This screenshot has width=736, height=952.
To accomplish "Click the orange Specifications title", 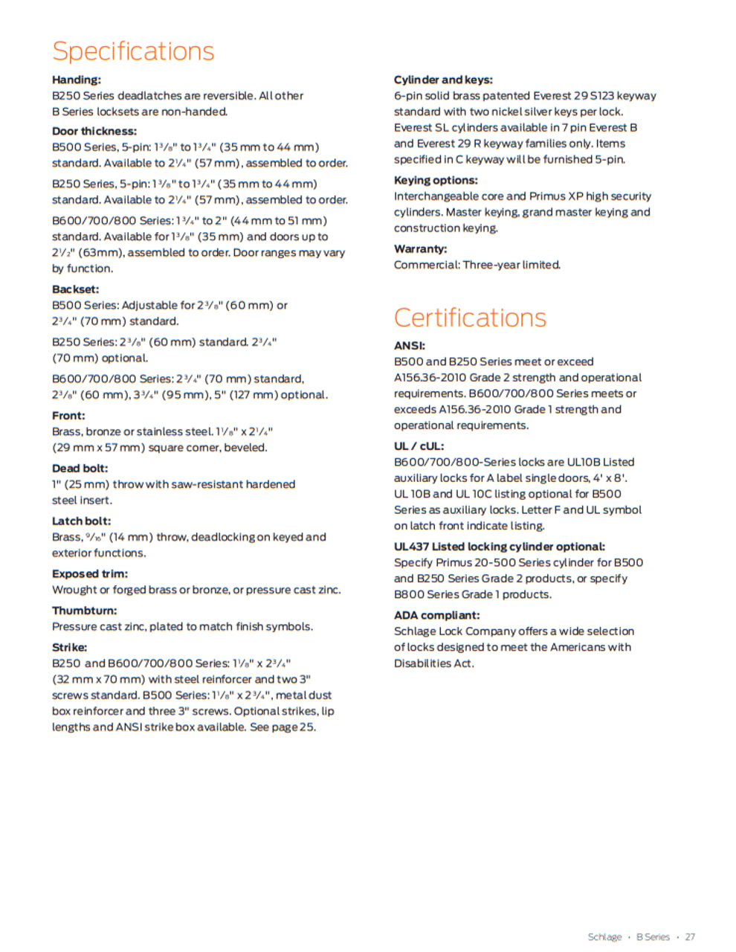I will [133, 51].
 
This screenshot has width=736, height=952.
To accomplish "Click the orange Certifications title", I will [470, 318].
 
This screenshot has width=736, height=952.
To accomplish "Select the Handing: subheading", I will [77, 80].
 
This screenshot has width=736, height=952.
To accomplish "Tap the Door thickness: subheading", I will [94, 131].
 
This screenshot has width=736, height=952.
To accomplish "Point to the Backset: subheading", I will [75, 289].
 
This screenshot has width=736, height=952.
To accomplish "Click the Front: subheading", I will [68, 415].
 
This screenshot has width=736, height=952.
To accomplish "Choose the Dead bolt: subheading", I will [80, 468].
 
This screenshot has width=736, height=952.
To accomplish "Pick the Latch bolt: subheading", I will [81, 521].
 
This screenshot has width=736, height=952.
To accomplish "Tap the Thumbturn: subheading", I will [84, 610].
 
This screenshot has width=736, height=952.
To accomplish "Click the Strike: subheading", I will [69, 647].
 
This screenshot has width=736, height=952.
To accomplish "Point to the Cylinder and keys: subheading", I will [443, 80].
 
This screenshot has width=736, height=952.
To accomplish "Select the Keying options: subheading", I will [436, 180].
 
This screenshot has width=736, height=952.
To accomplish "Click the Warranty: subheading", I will [421, 248].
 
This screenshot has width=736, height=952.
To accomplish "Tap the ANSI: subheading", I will [410, 345].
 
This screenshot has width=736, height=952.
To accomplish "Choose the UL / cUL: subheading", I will [419, 446].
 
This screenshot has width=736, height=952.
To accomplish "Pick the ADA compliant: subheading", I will [437, 615].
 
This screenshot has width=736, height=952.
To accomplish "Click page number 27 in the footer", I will [690, 937].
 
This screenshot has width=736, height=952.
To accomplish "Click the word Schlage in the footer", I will [604, 937].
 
